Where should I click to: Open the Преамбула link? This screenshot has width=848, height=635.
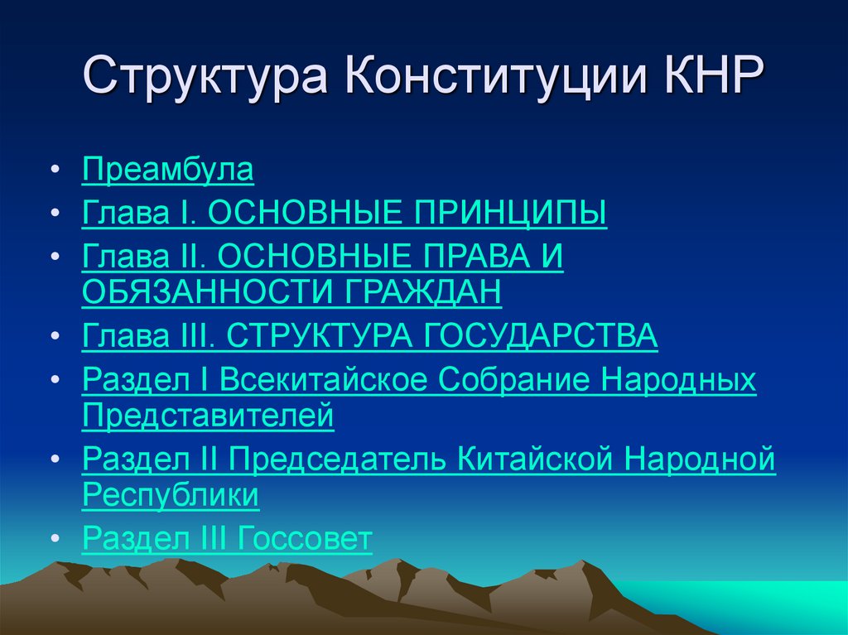coord(167,171)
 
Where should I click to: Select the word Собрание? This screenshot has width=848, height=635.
coord(514,380)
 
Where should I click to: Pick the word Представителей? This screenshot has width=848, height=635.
coord(208,416)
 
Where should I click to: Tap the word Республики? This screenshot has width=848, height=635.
coord(171,496)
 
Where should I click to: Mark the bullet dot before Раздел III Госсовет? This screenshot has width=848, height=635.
coord(55,541)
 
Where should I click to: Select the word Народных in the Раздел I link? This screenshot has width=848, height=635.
coord(678,380)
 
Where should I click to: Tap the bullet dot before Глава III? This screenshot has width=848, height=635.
coord(55,337)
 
